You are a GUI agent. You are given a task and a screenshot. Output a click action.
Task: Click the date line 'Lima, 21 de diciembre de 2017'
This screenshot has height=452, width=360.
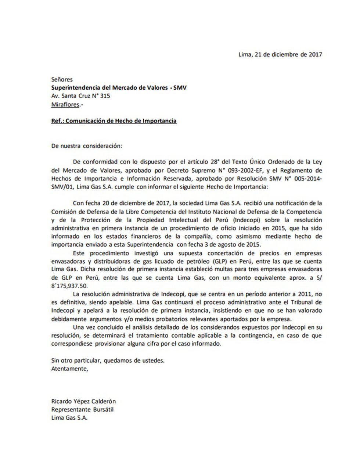coord(280,54)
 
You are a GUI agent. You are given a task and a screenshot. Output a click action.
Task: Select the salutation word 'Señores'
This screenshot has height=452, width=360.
coord(62,79)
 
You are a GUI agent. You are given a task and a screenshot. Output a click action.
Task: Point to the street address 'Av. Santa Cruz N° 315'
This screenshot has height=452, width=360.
coord(81,96)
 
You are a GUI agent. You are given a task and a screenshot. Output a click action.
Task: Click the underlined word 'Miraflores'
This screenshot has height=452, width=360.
coord(65,104)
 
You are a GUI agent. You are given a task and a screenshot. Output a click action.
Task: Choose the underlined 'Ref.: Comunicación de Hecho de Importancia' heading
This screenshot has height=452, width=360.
coord(114,121)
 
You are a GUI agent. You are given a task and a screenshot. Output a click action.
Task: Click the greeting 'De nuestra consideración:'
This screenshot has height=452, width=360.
coord(87,146)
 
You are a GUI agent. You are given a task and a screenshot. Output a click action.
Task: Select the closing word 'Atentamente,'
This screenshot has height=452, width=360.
coord(70,369)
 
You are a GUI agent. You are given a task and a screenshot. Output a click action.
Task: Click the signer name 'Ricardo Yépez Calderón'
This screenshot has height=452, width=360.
coord(83,402)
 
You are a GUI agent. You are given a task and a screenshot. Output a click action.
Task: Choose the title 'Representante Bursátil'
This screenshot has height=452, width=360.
coord(82,410)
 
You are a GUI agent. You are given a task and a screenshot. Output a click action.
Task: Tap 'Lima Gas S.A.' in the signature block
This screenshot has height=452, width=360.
coord(69,418)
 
